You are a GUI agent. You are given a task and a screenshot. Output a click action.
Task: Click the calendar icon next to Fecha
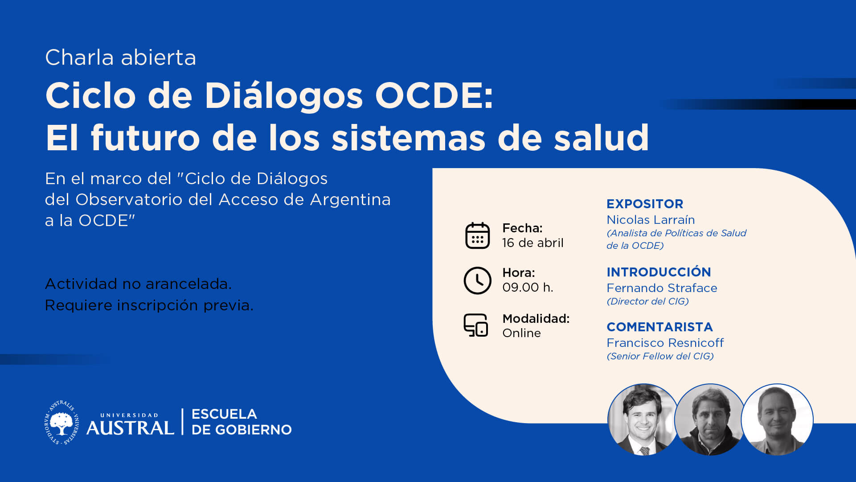tap(477, 235)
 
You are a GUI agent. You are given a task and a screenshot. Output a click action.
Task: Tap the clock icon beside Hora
tap(477, 280)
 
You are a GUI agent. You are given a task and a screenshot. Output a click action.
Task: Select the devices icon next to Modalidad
tap(476, 325)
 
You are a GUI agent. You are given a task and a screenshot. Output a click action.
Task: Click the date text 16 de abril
tap(532, 243)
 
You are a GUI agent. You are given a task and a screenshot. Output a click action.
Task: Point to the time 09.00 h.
tap(528, 288)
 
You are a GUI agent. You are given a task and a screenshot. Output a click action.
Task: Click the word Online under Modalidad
tap(521, 333)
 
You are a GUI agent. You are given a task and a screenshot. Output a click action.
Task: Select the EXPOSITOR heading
tap(645, 204)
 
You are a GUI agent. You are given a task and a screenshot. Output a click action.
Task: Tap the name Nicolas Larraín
tap(651, 220)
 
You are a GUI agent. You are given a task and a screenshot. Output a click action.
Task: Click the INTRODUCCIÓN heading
tap(659, 272)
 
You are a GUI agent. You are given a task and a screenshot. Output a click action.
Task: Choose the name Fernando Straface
tap(662, 288)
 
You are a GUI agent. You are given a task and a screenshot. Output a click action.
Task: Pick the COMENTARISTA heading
tap(659, 327)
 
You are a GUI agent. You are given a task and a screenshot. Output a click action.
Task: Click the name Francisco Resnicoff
tap(665, 343)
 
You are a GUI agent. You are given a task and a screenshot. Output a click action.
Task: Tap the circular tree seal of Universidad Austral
tap(61, 423)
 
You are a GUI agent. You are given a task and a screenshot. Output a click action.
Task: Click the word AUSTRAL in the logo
tap(130, 428)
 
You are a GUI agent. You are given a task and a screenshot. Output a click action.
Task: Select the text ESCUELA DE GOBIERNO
tap(242, 422)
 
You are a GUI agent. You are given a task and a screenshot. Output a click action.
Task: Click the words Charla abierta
tap(121, 58)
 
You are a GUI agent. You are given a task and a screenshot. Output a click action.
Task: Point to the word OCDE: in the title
tap(434, 95)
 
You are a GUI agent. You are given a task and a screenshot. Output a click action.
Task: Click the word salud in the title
tap(601, 138)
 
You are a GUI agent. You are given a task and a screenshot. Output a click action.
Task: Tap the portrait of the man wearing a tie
tap(643, 420)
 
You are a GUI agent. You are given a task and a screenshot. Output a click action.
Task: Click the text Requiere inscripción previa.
tap(149, 306)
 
